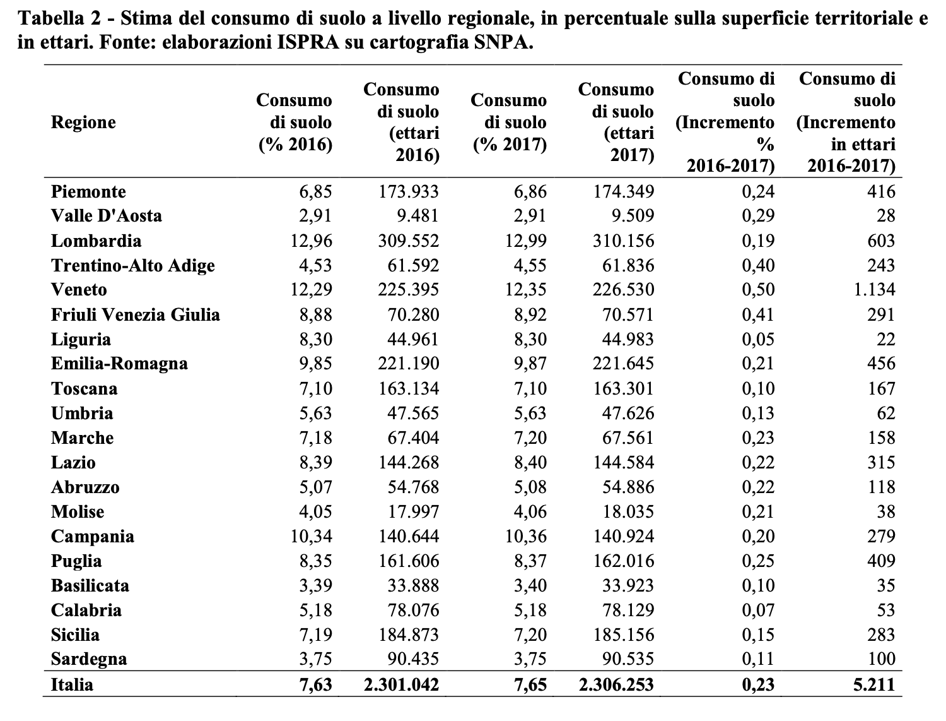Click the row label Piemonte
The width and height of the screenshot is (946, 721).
(x=88, y=191)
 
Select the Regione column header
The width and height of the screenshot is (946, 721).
(x=83, y=122)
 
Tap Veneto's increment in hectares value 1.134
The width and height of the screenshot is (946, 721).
(x=875, y=290)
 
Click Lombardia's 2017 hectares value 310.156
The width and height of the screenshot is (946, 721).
(x=623, y=241)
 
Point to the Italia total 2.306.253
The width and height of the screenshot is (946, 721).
(x=616, y=685)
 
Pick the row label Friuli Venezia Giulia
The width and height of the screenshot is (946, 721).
(x=136, y=314)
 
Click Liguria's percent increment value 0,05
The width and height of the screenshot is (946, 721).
(x=758, y=339)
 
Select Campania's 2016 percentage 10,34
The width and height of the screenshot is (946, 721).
(x=311, y=536)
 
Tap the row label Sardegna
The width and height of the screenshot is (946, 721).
(x=89, y=659)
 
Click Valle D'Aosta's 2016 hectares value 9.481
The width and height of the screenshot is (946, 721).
(x=418, y=216)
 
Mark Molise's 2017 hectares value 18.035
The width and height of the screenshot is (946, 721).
(x=628, y=512)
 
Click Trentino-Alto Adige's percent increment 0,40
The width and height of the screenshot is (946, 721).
(x=758, y=265)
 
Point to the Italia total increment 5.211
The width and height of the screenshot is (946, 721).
(x=875, y=685)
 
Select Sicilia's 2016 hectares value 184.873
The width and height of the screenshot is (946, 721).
(x=409, y=635)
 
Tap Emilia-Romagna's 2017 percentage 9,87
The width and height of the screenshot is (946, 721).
(x=530, y=363)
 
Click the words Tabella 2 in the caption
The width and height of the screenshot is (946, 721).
(x=59, y=18)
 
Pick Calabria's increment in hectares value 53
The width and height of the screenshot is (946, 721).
(x=885, y=610)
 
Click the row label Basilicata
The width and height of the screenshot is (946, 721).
(x=90, y=585)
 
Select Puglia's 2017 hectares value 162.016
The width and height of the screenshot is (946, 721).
(x=623, y=561)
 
